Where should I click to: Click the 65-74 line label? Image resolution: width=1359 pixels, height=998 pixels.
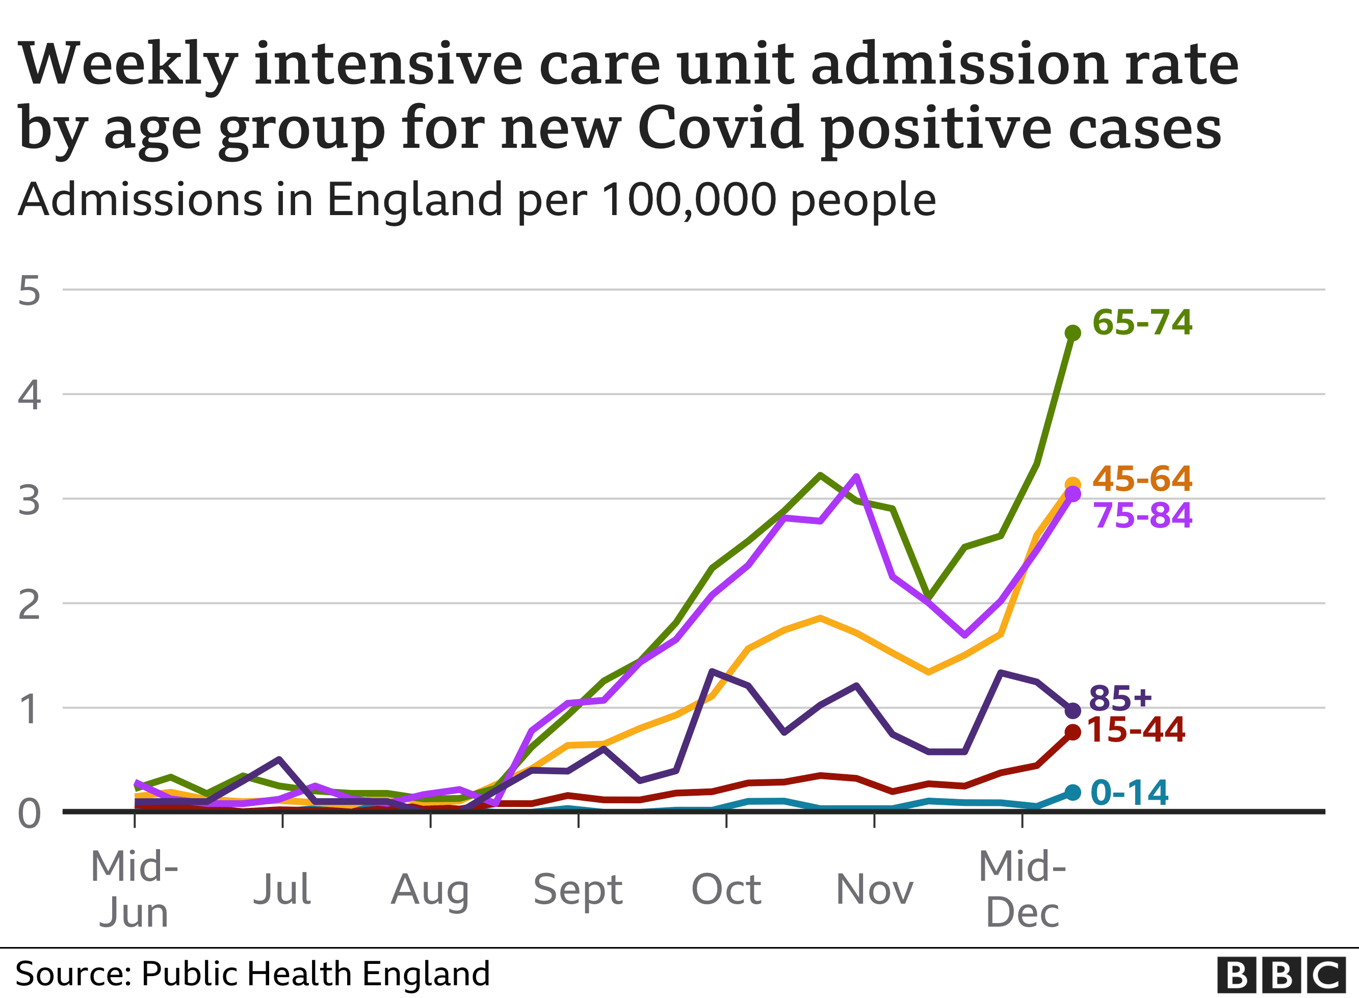coord(1141,322)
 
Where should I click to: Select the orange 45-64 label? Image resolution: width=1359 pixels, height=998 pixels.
coord(1141,479)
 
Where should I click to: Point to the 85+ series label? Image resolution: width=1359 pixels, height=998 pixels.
coord(1120,698)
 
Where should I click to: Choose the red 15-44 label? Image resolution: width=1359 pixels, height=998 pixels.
coord(1136,730)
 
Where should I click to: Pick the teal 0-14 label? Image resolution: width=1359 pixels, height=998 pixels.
coord(1130,792)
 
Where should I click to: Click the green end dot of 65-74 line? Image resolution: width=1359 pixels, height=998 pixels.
coord(1073,333)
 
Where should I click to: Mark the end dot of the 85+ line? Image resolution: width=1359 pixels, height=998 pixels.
coord(1073,711)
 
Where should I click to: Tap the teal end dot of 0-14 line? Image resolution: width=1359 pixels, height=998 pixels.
coord(1073,793)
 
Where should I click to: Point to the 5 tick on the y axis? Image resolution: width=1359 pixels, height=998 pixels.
coord(29,291)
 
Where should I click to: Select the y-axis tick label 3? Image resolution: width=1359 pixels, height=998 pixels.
coord(29,500)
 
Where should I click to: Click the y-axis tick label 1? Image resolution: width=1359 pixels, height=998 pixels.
coord(29,709)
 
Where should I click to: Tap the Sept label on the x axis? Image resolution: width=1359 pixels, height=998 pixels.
coord(578,889)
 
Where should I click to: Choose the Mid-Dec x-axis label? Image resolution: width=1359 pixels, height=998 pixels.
coord(1022,889)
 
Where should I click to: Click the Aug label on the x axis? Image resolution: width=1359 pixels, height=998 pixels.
coord(430,889)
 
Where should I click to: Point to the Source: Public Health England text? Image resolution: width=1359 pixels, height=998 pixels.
coord(252,974)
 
